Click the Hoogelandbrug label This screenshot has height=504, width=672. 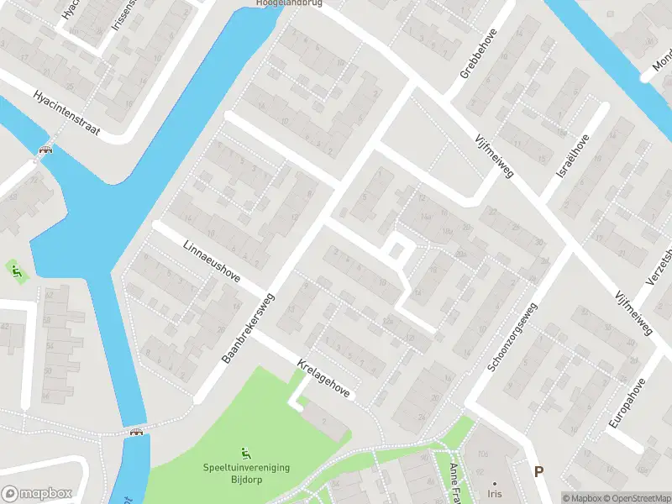[x=289, y=3]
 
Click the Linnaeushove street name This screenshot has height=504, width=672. [x=211, y=260]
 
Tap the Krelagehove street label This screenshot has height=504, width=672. [x=323, y=379]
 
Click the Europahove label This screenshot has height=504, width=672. [x=627, y=403]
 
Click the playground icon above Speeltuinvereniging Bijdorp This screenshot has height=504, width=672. [x=245, y=453]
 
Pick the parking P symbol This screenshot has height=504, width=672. [x=538, y=472]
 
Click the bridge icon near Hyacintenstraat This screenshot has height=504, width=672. [x=45, y=151]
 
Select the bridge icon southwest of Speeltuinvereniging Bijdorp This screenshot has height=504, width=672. [x=136, y=433]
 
